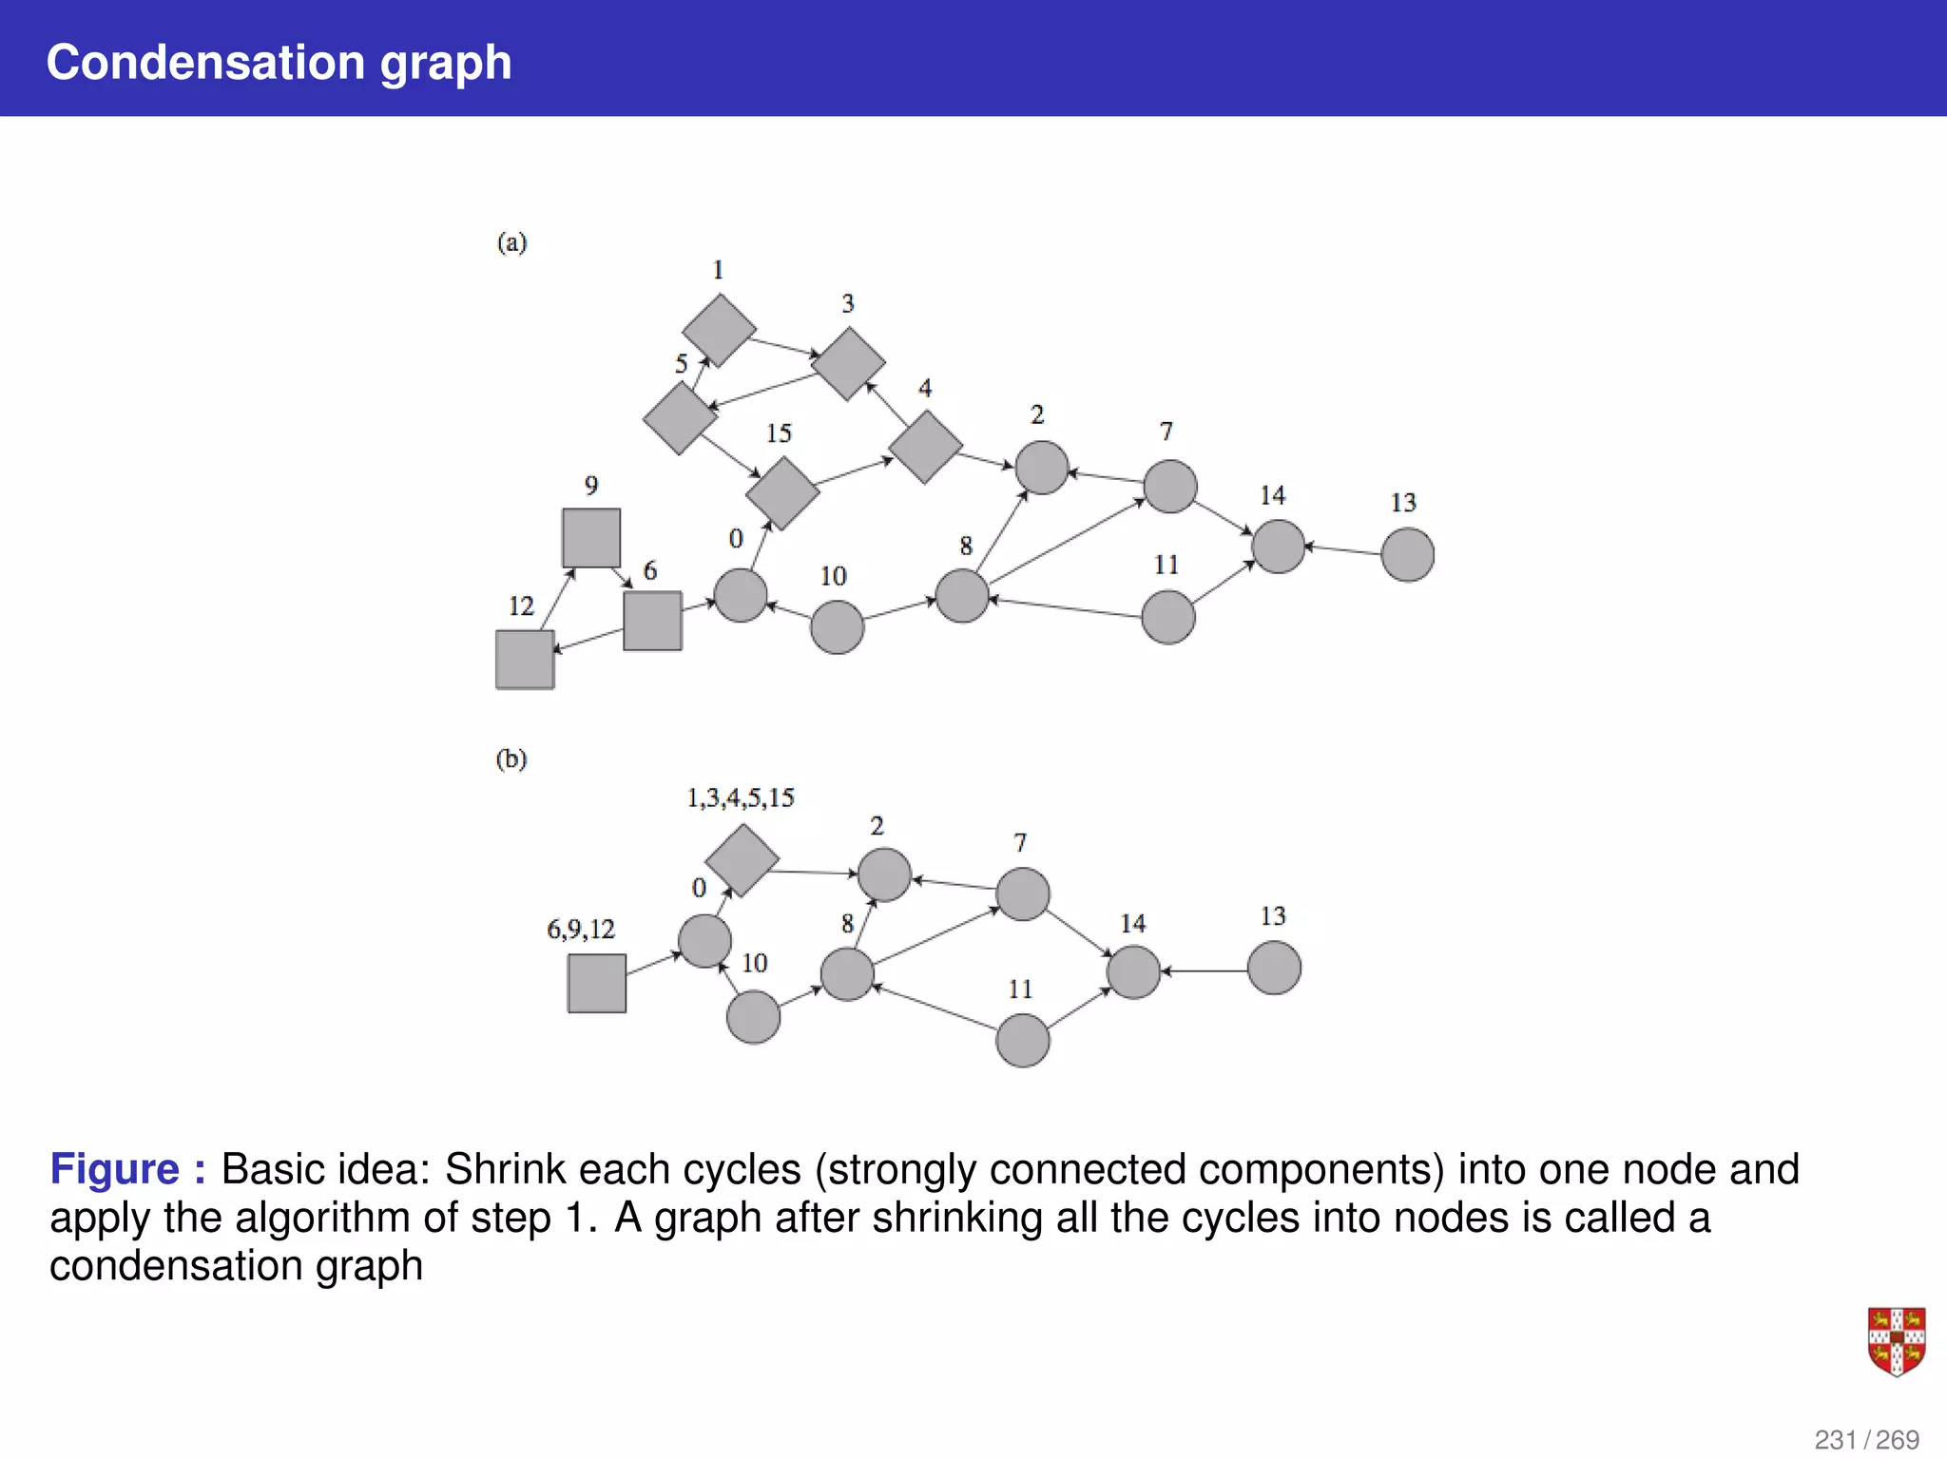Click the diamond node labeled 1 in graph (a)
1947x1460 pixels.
tap(719, 330)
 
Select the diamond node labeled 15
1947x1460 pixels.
tap(782, 492)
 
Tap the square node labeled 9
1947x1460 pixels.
tap(590, 538)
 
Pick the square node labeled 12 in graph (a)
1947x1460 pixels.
tap(525, 660)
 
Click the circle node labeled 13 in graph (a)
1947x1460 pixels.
tap(1407, 555)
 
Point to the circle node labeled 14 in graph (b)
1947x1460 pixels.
tap(1133, 972)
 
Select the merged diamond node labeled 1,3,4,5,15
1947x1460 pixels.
tap(742, 860)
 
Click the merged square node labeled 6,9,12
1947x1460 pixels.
tap(596, 984)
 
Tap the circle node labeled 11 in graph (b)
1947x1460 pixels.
tap(1022, 1040)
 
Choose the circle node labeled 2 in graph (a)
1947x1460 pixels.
tap(1042, 468)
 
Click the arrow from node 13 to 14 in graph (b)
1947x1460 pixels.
tap(1205, 970)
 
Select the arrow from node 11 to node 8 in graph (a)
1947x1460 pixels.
tap(1065, 608)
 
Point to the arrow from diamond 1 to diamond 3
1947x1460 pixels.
tap(785, 347)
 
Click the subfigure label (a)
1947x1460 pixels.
tap(511, 242)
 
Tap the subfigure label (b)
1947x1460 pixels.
tap(511, 759)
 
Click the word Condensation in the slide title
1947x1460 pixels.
tap(205, 63)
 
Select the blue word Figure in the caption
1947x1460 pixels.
tap(114, 1169)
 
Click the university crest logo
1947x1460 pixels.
tap(1896, 1341)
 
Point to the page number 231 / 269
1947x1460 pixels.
tap(1866, 1440)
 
